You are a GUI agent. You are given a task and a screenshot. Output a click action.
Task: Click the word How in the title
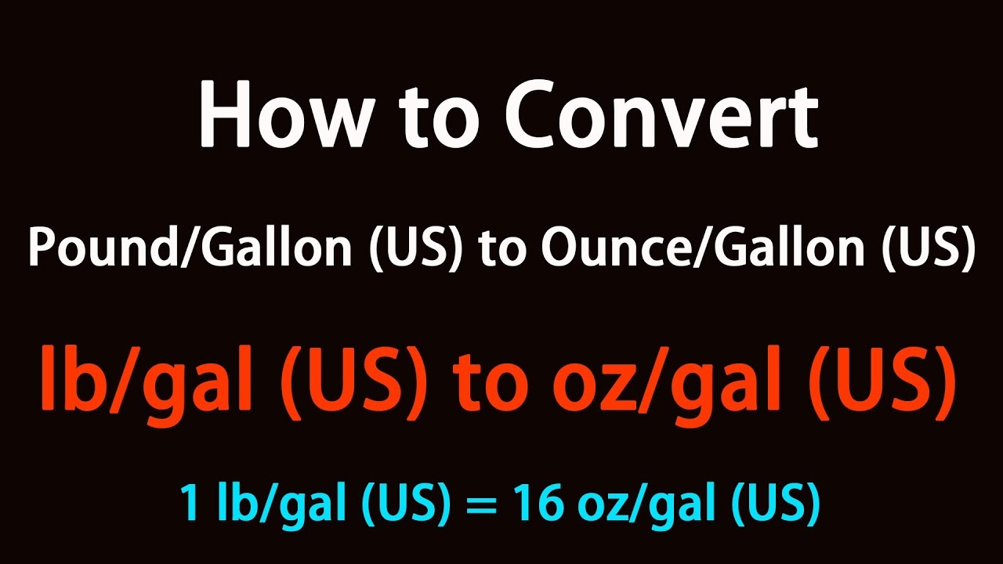click(x=285, y=114)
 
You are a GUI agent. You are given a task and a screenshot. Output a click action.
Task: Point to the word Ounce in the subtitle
click(x=617, y=248)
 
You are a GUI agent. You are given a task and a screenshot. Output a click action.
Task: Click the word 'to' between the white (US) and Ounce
click(x=501, y=250)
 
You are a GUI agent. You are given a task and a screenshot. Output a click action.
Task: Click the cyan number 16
click(x=538, y=502)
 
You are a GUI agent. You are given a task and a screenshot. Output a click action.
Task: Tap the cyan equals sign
click(x=482, y=504)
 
